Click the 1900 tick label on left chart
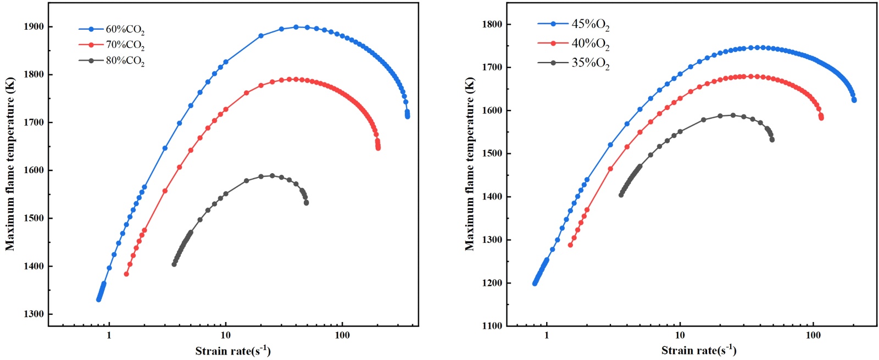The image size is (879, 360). [x=34, y=27]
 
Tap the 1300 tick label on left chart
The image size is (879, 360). [x=34, y=314]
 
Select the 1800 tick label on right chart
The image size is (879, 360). [x=492, y=25]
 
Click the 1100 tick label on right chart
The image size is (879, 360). [x=492, y=326]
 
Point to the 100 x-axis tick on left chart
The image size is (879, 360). [x=342, y=336]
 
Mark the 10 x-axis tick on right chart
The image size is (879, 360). [x=680, y=336]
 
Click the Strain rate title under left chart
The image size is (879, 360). [x=233, y=351]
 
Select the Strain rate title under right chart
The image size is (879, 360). [x=698, y=351]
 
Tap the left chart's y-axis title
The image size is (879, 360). [x=10, y=164]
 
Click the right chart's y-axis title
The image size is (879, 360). [x=470, y=164]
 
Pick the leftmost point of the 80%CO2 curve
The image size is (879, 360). [x=174, y=264]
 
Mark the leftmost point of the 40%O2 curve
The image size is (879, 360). [x=570, y=245]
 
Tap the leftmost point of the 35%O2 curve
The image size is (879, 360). [x=621, y=195]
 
